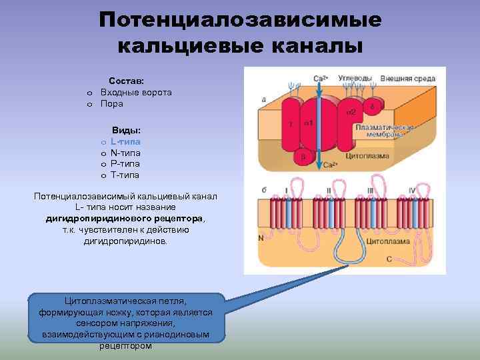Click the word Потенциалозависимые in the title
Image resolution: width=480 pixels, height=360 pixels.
pyautogui.click(x=240, y=20)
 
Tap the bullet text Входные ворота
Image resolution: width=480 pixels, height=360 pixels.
pyautogui.click(x=136, y=92)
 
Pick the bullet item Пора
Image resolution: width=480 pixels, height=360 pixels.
pyautogui.click(x=112, y=103)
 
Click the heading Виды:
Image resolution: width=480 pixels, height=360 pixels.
pyautogui.click(x=126, y=130)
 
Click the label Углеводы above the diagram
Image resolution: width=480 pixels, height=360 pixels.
pyautogui.click(x=355, y=78)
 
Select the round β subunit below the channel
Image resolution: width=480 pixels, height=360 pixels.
pyautogui.click(x=303, y=157)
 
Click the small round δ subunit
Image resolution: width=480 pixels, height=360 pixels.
pyautogui.click(x=371, y=106)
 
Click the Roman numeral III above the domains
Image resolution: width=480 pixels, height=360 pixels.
pyautogui.click(x=370, y=190)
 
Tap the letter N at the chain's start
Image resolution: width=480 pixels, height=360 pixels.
pyautogui.click(x=260, y=238)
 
